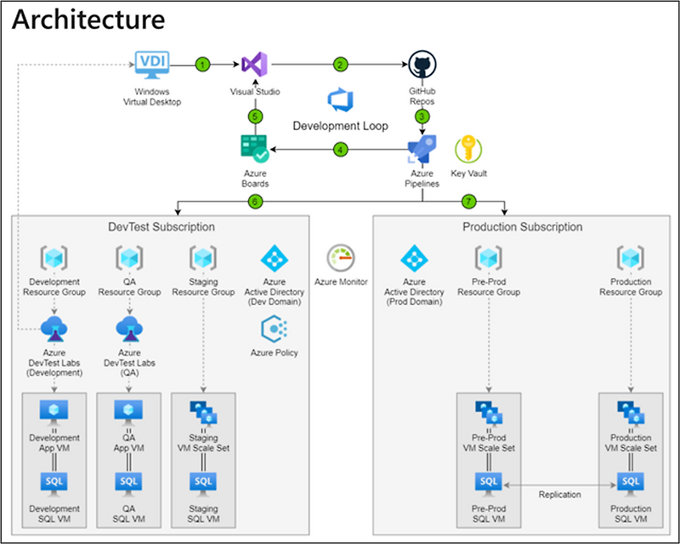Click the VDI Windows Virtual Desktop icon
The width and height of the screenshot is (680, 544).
(151, 64)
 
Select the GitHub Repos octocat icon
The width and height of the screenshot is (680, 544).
(422, 64)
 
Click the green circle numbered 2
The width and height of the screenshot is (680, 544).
(340, 64)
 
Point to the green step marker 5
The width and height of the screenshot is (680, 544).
(253, 116)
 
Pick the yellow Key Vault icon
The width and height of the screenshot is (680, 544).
(468, 149)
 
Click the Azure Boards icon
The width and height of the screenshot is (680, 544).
(254, 149)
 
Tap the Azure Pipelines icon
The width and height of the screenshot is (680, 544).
(422, 149)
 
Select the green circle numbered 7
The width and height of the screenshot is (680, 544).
(467, 201)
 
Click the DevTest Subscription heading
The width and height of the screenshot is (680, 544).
(161, 227)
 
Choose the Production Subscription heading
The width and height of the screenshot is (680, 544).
(523, 227)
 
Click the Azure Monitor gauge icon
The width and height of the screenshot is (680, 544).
(340, 258)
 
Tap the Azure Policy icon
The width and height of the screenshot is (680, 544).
(274, 328)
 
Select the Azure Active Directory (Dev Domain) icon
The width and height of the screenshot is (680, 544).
(274, 258)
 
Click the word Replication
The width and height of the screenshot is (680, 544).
(559, 494)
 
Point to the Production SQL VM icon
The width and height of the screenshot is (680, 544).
(630, 482)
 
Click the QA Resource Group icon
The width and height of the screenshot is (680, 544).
(129, 258)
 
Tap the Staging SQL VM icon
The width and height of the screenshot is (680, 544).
(202, 482)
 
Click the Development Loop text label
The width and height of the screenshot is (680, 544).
(340, 126)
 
